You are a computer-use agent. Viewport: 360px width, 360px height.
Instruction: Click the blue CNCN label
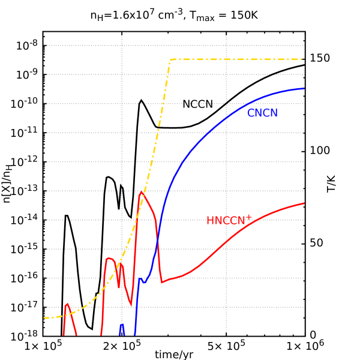coord(262,113)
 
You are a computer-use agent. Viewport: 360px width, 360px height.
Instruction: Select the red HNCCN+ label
coord(229,220)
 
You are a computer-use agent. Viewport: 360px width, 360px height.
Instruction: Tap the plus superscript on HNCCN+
coord(249,217)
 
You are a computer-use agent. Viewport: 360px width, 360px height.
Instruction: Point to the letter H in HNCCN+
coord(210,221)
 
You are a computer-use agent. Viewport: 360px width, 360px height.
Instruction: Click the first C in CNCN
coord(251,113)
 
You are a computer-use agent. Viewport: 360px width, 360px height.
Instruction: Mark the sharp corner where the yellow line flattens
coord(171,59)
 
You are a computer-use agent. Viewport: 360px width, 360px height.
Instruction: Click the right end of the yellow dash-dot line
coord(302,59)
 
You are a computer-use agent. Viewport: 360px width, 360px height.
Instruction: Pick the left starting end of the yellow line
coord(44,317)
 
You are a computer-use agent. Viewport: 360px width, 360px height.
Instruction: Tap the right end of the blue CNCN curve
coord(304,88)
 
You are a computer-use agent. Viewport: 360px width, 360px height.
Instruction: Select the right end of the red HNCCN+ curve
coord(304,203)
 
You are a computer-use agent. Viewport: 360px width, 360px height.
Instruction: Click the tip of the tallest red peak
coord(141,192)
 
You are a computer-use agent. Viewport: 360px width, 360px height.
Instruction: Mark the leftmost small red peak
coord(67,304)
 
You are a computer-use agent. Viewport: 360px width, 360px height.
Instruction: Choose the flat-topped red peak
coord(110,259)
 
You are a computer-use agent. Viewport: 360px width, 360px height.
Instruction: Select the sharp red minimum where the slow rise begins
coord(161,282)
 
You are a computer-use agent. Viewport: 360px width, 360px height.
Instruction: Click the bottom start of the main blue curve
coord(135,334)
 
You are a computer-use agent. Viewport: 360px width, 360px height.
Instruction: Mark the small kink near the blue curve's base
coord(142,280)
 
